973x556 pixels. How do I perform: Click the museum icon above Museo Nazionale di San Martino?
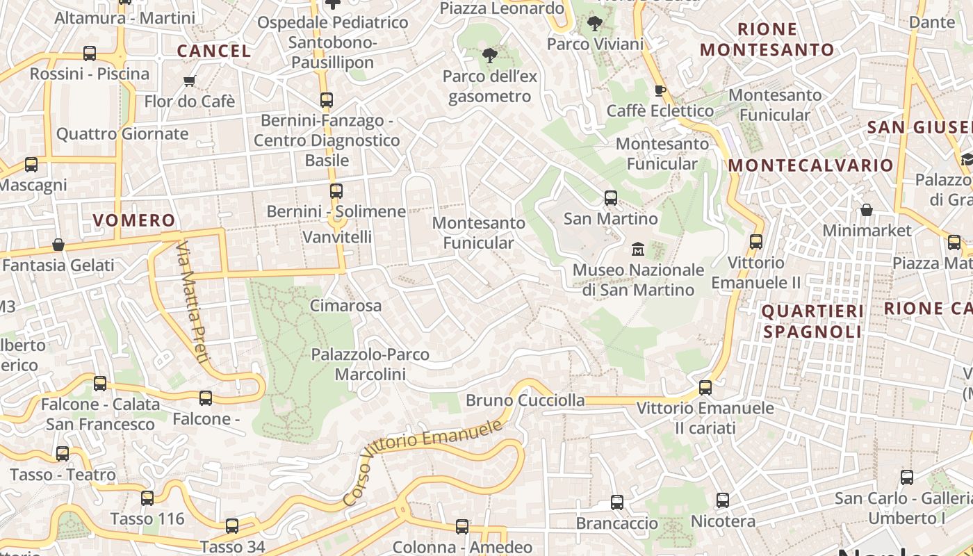click(637, 248)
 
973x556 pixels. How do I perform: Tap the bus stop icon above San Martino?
click(611, 198)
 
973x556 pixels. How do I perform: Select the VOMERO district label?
click(134, 221)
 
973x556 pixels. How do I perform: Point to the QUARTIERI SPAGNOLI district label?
click(813, 321)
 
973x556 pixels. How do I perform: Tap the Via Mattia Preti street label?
click(193, 302)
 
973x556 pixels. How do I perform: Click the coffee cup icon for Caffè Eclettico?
click(660, 90)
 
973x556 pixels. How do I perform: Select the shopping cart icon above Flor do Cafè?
click(190, 81)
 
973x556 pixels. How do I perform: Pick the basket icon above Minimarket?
click(867, 210)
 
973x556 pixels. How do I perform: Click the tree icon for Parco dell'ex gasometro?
click(490, 56)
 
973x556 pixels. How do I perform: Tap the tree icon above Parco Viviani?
click(594, 24)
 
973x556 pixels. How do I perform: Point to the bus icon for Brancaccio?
click(616, 502)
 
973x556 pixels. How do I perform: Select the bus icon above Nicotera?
click(723, 500)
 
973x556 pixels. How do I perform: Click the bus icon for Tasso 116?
click(147, 498)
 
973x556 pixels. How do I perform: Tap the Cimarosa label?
click(345, 306)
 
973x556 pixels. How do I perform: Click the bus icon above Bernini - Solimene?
click(336, 190)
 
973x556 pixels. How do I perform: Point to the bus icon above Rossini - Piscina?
click(90, 54)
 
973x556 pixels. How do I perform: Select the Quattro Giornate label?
click(122, 134)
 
